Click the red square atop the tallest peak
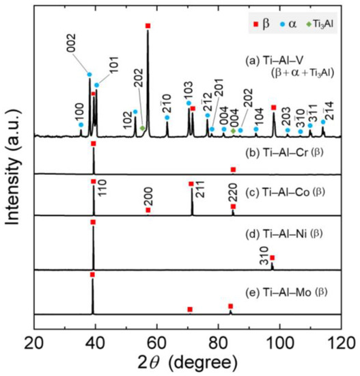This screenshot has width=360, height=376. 148,26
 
